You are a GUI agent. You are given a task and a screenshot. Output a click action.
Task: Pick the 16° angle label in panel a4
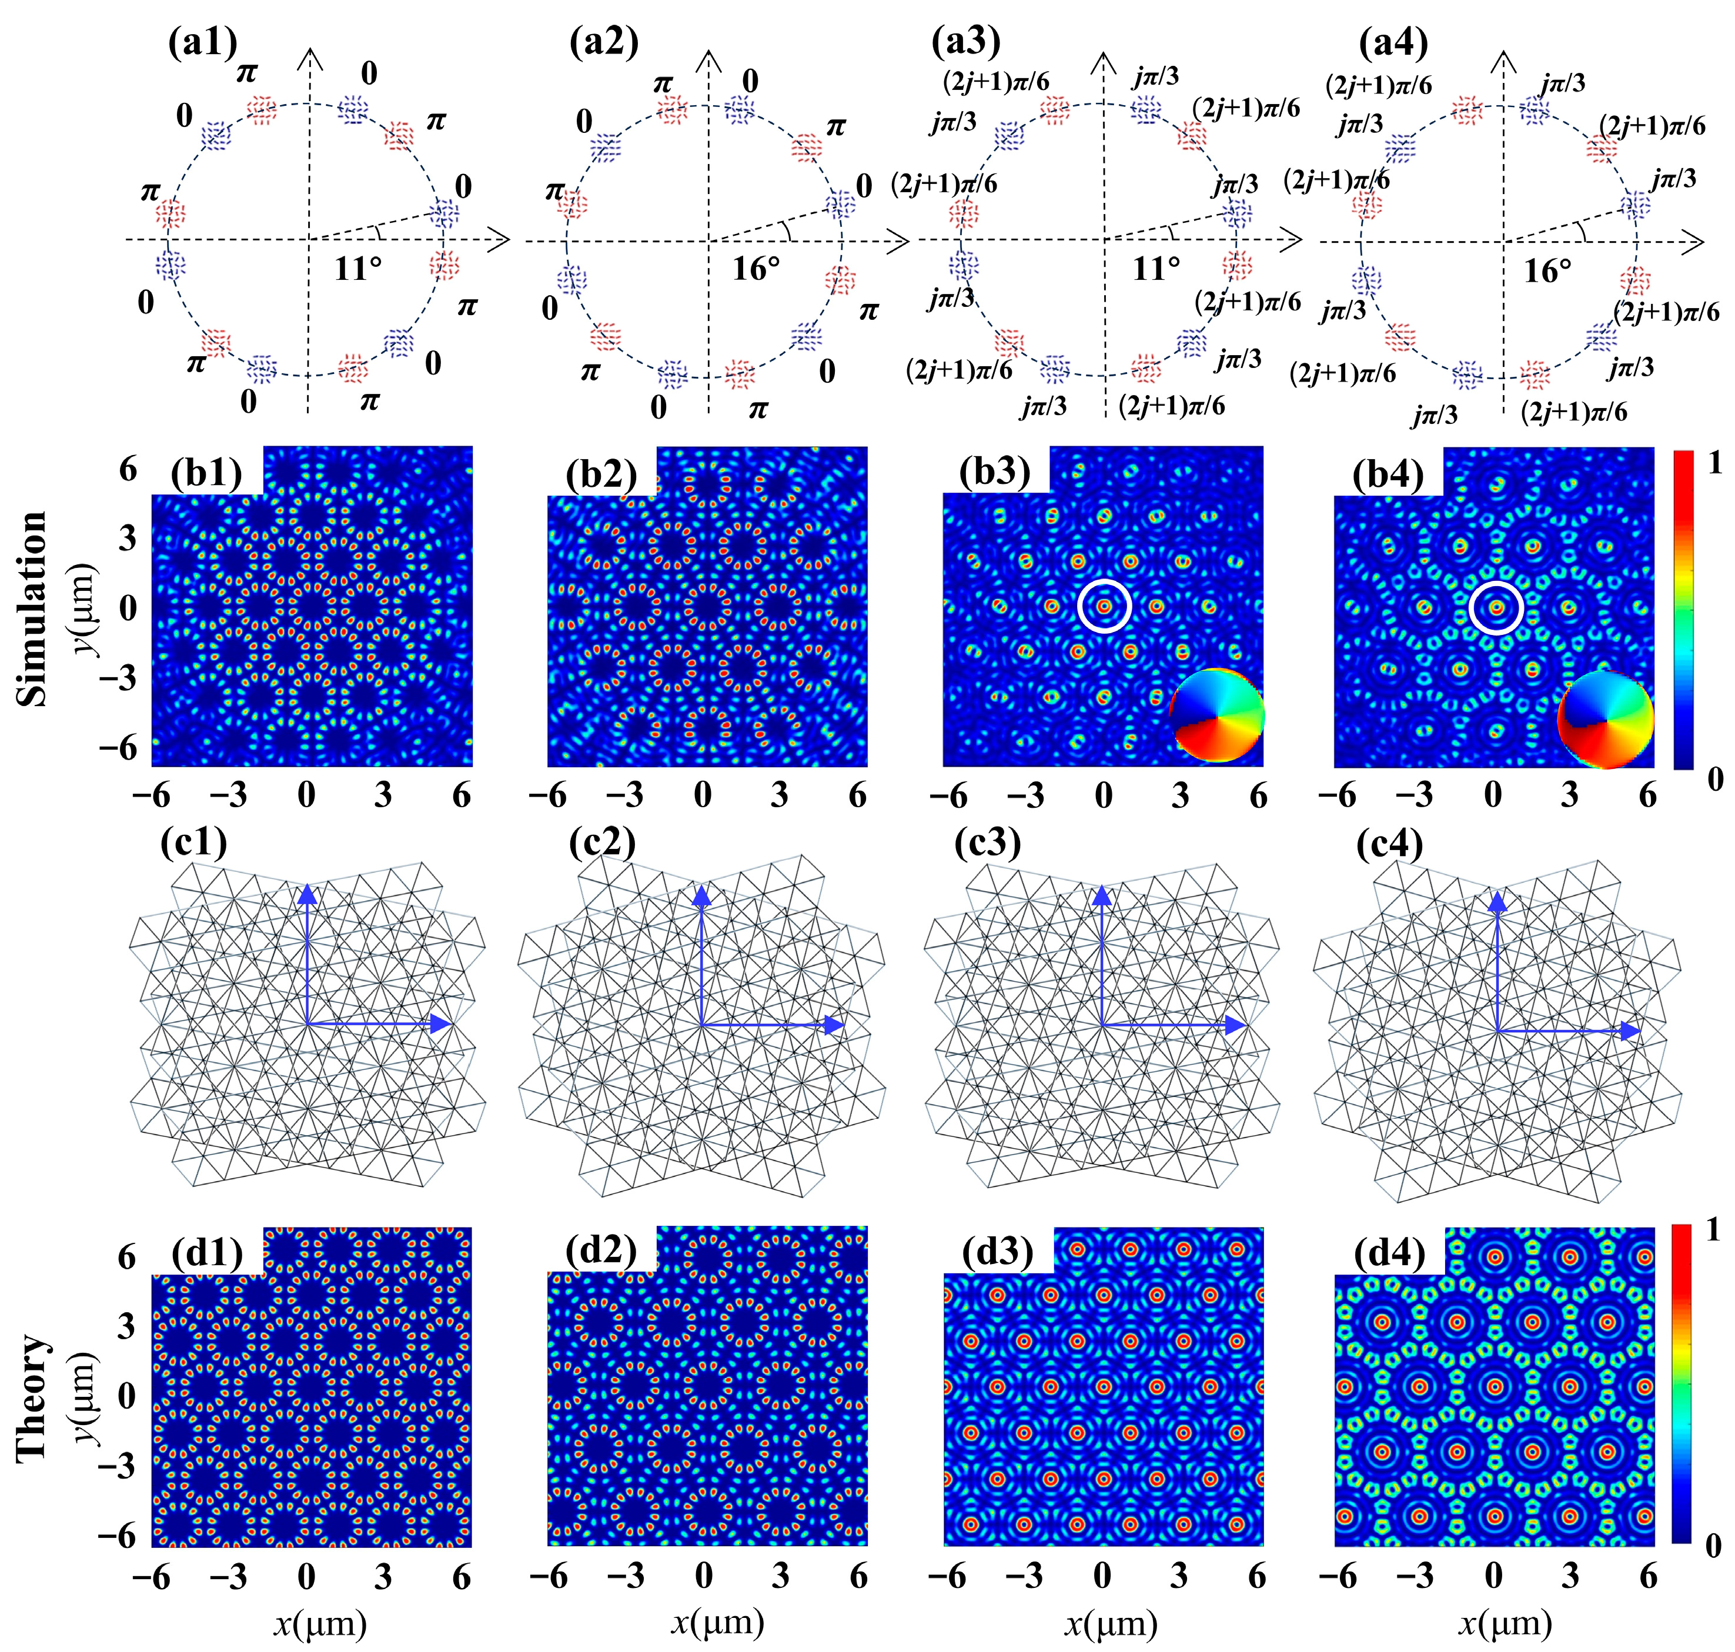[x=1547, y=270]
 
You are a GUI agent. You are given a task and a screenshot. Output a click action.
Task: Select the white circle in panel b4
[x=1496, y=608]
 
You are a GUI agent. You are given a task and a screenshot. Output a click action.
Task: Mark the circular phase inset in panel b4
[x=1606, y=718]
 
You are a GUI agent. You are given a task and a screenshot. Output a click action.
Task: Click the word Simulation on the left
[x=32, y=608]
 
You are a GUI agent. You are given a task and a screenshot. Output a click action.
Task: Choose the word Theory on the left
[x=32, y=1397]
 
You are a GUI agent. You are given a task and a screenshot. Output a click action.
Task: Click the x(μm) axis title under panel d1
[x=319, y=1622]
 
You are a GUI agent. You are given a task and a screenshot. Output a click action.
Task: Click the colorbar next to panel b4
[x=1683, y=610]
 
